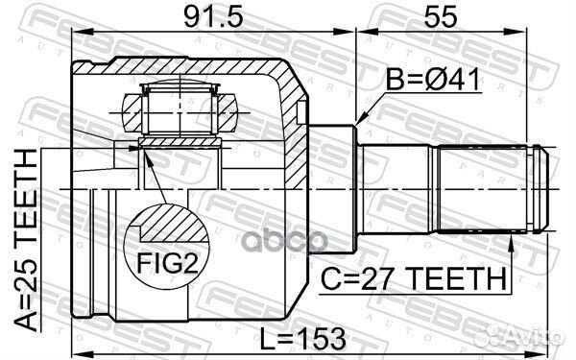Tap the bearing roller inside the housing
(x=178, y=107)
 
